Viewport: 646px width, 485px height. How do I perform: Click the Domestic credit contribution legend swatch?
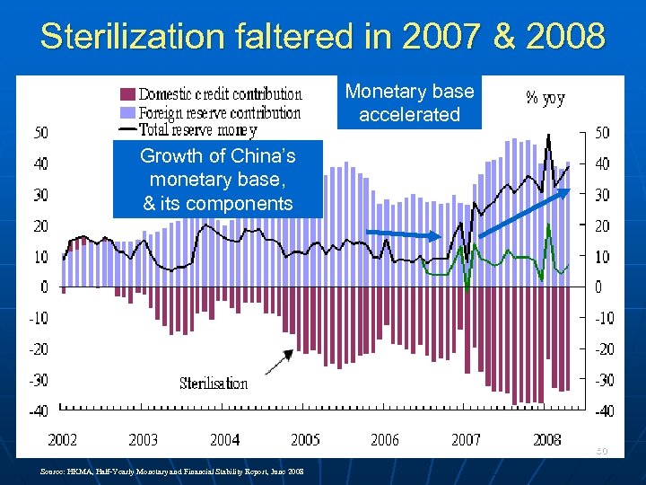[127, 94]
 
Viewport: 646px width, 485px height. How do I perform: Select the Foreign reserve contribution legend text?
[220, 112]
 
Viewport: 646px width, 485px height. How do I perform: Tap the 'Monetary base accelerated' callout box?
[409, 103]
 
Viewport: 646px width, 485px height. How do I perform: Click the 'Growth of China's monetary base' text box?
[217, 180]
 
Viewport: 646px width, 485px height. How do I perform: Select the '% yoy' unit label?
[545, 98]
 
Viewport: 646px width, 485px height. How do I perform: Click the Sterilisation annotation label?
[214, 384]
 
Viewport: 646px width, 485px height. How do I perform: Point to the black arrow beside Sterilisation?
[279, 361]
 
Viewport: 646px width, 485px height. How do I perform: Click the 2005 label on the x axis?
[304, 440]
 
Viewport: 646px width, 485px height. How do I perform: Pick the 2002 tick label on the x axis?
[62, 440]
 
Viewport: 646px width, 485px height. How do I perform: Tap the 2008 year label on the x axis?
[546, 440]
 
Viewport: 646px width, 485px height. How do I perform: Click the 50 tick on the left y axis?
[41, 133]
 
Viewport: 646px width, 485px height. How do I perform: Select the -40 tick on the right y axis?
[603, 411]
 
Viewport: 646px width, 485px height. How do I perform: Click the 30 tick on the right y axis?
[601, 195]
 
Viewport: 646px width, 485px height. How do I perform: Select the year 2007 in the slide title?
[443, 37]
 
